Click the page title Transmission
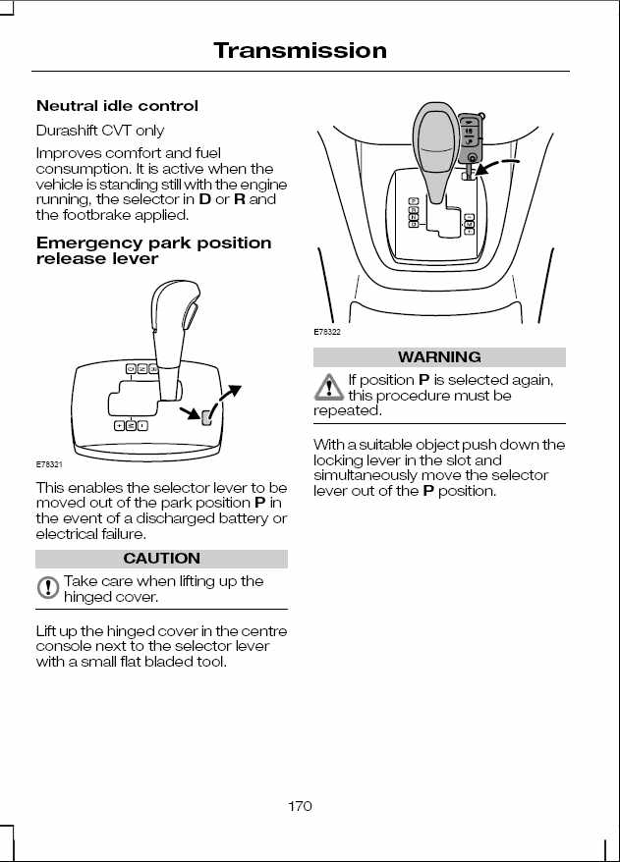tap(300, 51)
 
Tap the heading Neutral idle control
tap(117, 106)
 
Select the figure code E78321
tap(49, 464)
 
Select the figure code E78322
tap(327, 332)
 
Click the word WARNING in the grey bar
tap(439, 356)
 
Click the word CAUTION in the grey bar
tap(162, 558)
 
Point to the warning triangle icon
tap(328, 387)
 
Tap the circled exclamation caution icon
tap(48, 587)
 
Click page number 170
tap(300, 806)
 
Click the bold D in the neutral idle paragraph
tap(204, 199)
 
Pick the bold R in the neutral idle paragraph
tap(240, 199)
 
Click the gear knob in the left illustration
tap(175, 308)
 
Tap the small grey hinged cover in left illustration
tap(205, 417)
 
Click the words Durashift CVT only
tap(100, 131)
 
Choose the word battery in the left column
tap(241, 518)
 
